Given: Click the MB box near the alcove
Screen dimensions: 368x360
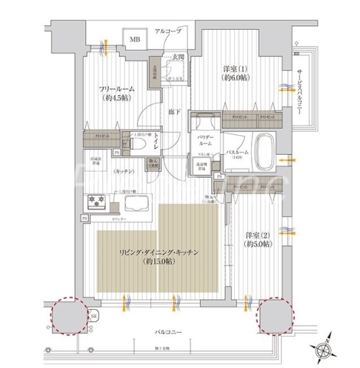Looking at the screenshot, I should (x=134, y=39).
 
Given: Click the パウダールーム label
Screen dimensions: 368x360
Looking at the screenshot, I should (x=204, y=140).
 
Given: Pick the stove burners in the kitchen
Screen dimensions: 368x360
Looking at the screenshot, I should (x=101, y=202).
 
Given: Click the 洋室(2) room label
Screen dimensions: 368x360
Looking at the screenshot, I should (x=259, y=238).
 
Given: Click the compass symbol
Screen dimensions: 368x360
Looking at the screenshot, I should (x=328, y=349).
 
